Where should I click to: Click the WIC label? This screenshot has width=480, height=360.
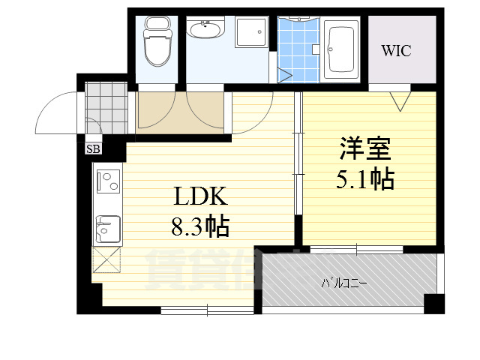397,51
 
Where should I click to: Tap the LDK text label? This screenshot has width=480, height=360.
200,197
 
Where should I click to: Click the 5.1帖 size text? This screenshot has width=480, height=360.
366,179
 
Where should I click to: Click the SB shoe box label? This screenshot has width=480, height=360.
94,148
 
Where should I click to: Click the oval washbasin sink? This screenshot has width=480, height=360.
204,31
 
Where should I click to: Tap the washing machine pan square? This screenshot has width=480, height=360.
251,32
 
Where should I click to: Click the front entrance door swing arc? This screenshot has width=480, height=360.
56,112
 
